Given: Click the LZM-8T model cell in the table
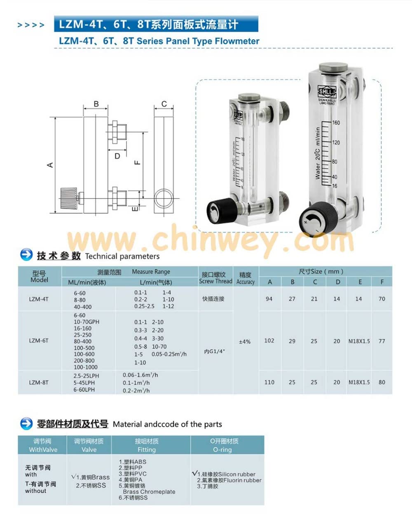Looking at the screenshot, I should (x=39, y=383).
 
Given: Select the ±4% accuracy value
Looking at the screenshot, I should (x=245, y=342).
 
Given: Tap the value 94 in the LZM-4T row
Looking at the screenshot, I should (x=269, y=299).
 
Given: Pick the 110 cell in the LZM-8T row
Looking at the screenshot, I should (x=269, y=383).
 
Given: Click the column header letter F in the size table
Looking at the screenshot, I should (x=382, y=282).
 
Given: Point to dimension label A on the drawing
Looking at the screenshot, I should (x=50, y=165).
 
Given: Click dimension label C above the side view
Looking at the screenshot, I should (x=164, y=104).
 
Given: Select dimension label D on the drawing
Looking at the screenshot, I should (x=117, y=156).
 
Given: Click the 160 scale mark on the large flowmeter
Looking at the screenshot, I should (x=336, y=123).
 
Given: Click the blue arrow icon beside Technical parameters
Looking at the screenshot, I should (x=26, y=255).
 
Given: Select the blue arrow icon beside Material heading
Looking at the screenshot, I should (x=26, y=423).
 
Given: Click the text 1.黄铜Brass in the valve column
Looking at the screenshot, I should (x=91, y=477).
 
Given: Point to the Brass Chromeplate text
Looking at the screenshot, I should (x=149, y=492).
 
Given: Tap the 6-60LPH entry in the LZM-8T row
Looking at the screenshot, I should (x=84, y=390).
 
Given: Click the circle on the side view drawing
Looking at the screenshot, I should (x=164, y=196).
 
